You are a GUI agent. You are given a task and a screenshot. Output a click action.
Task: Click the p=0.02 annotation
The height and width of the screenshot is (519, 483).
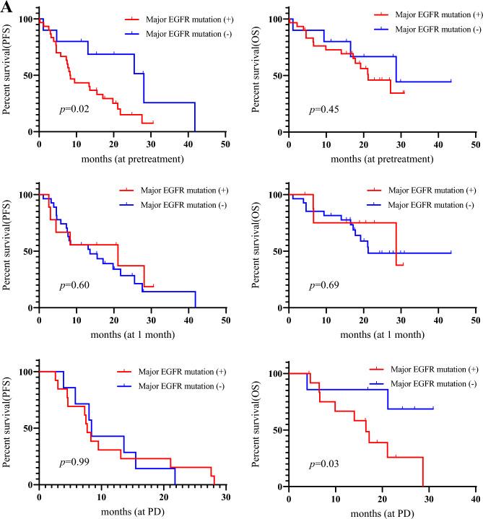tap(73, 109)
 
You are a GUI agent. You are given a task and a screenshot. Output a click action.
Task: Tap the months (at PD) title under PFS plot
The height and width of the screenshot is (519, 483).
tap(133, 510)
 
